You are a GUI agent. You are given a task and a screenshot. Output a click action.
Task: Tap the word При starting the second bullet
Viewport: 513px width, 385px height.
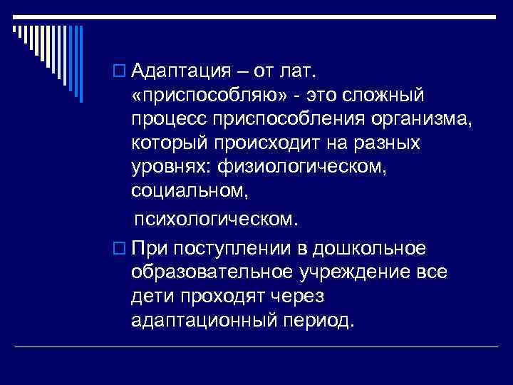click(x=152, y=249)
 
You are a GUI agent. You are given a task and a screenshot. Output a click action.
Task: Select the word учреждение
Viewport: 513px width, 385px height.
click(x=363, y=272)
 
